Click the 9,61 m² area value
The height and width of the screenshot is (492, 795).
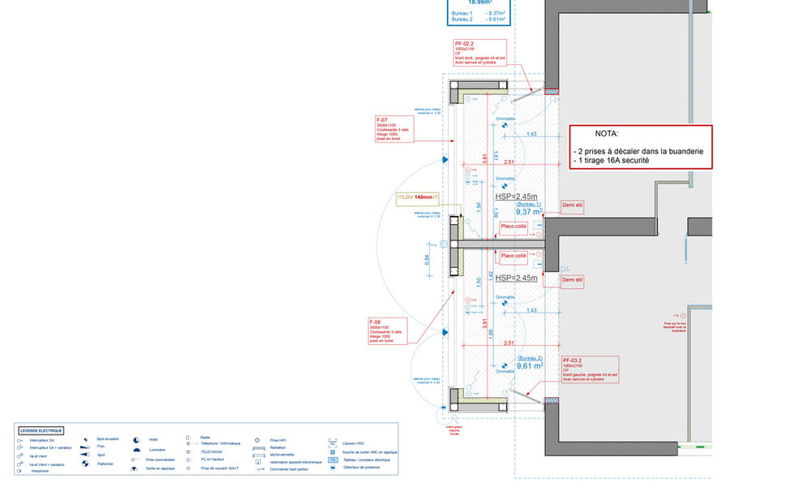(x=530, y=365)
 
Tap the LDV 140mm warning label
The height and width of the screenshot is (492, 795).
(x=417, y=197)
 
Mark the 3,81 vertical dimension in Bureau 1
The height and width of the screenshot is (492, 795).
(x=485, y=157)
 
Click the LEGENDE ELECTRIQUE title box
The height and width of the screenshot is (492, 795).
(x=42, y=430)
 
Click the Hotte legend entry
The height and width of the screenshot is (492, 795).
(x=153, y=439)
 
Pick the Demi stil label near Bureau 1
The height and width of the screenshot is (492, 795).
(x=573, y=205)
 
